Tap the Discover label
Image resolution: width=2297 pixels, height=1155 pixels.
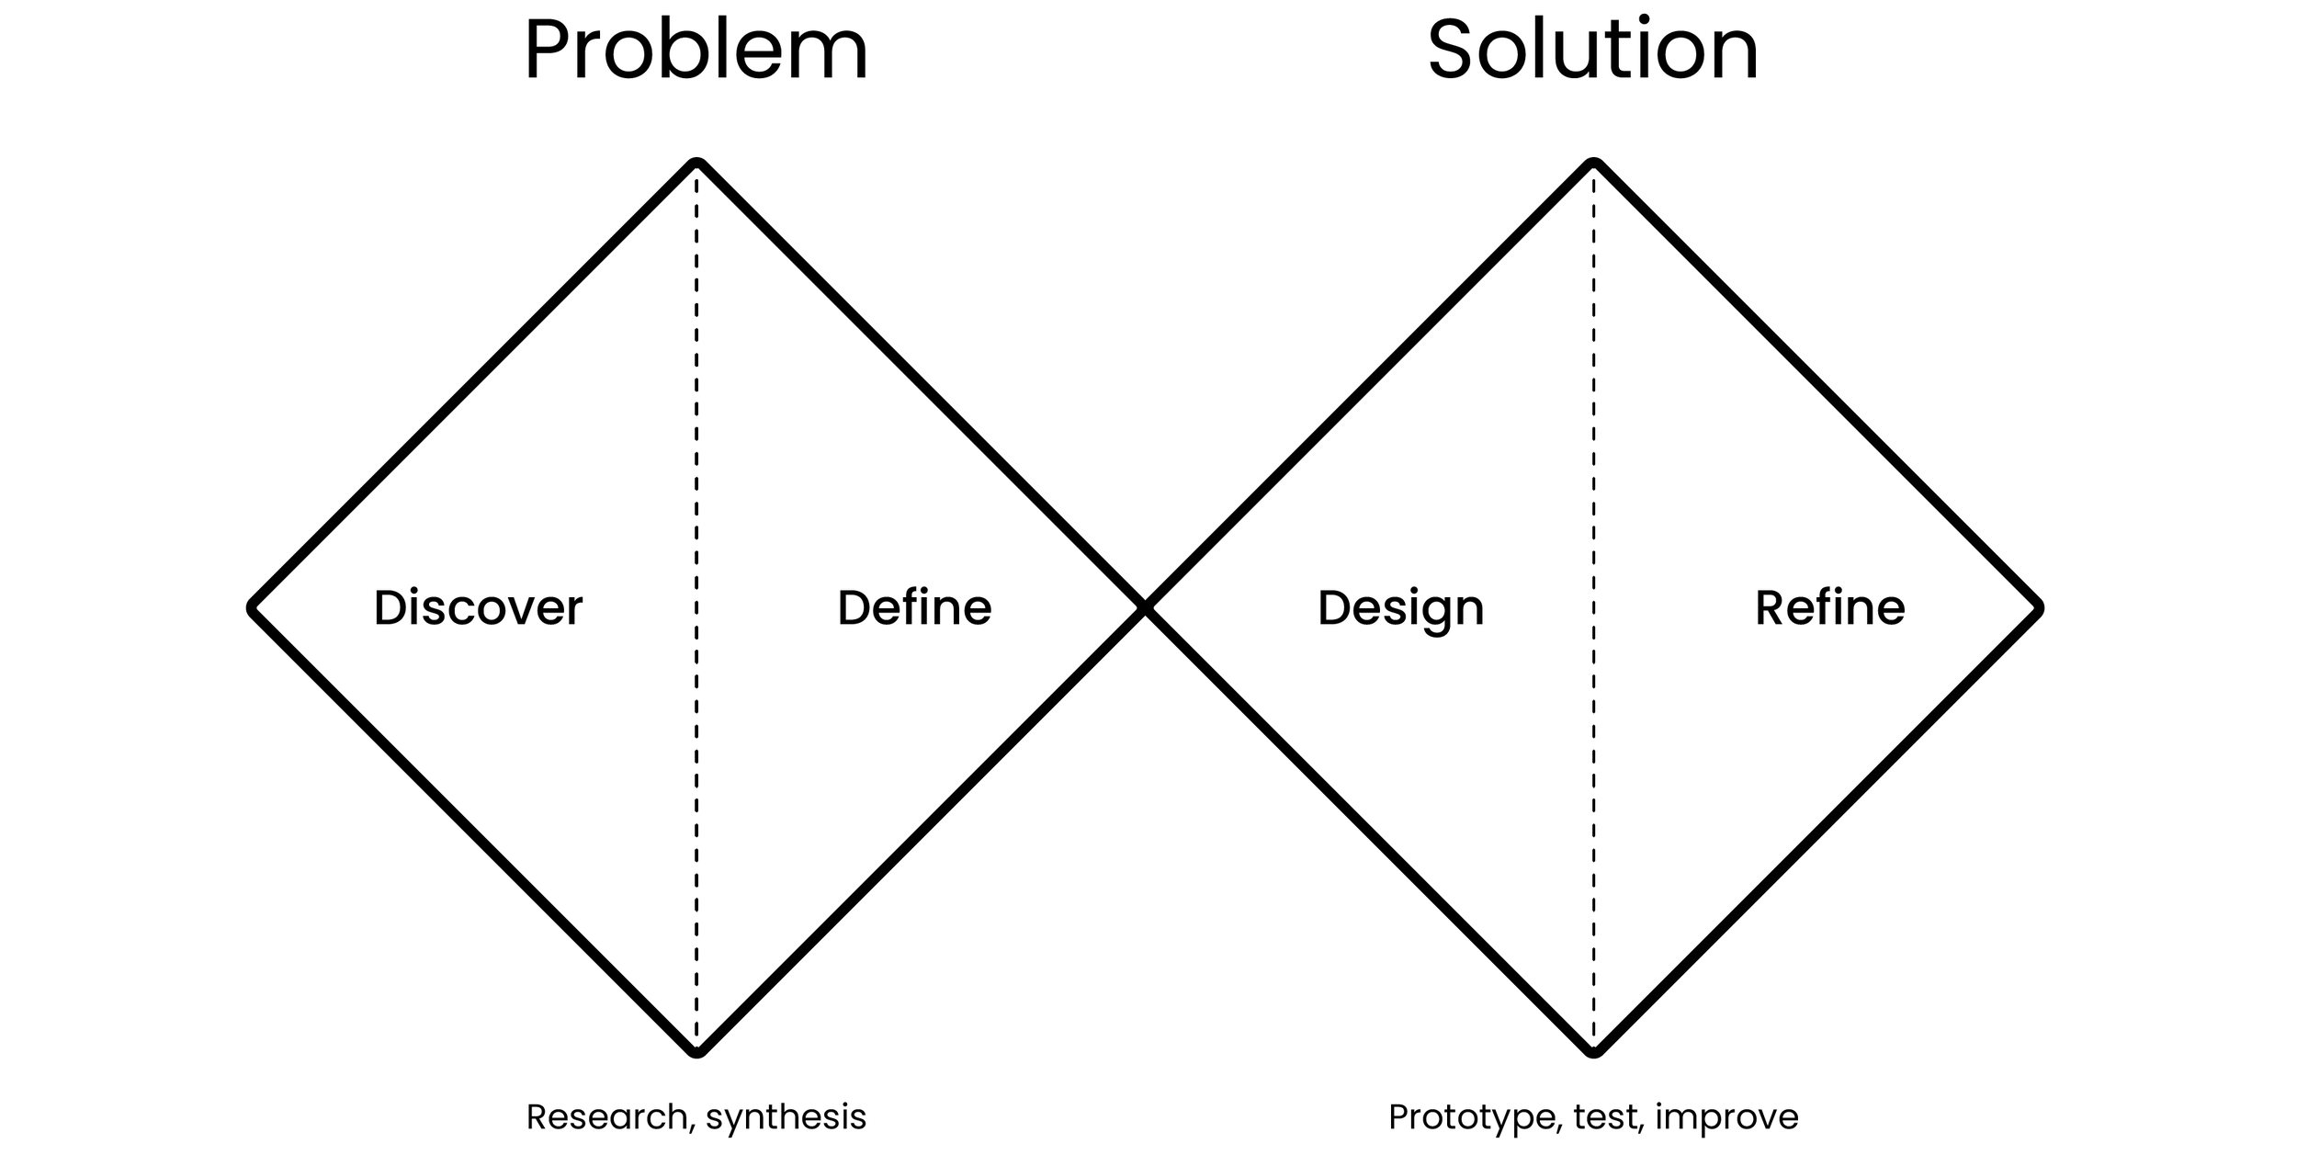[x=478, y=607]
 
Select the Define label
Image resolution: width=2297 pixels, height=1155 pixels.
[x=914, y=607]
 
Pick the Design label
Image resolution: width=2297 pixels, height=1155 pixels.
[x=1400, y=608]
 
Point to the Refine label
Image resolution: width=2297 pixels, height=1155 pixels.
[x=1829, y=607]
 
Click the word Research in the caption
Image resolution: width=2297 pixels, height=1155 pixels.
[x=606, y=1117]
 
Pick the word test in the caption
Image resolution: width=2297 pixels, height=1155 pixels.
[x=1605, y=1117]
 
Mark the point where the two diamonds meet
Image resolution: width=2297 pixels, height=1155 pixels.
[x=1145, y=608]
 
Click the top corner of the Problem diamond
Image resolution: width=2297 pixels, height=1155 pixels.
[x=696, y=164]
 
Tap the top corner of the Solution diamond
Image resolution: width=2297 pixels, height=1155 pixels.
[x=1593, y=164]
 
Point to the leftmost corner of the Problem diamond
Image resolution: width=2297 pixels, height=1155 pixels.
[x=253, y=608]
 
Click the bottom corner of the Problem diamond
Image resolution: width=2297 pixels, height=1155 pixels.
[x=696, y=1051]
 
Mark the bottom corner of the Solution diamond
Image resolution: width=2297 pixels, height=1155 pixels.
[x=1593, y=1051]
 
